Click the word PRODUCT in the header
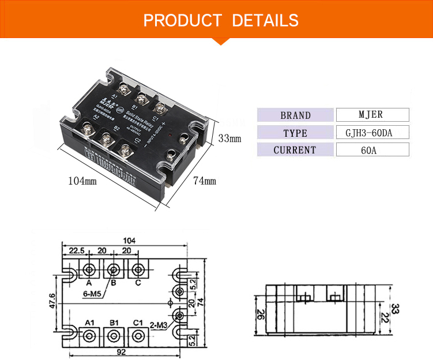coord(182,21)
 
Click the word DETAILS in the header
coord(265,21)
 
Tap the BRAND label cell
coord(295,115)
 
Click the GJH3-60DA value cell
coord(372,132)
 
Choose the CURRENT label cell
coord(295,150)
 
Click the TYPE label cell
coord(295,133)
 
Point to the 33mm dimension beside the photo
coord(229,138)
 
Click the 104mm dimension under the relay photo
coord(82,181)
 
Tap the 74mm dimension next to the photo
coord(204,181)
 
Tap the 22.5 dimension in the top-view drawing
coord(77,251)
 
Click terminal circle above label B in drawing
coord(113,269)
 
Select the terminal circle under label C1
coord(137,335)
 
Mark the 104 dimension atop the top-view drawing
coord(129,240)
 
